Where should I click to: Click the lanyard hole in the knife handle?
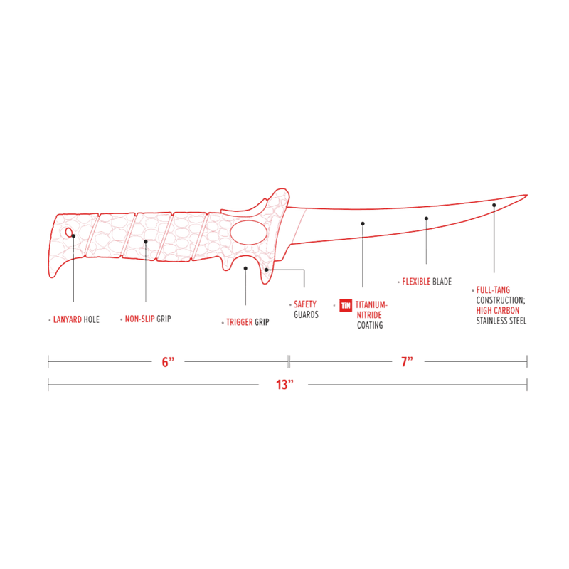coord(69,233)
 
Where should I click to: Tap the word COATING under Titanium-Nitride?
coord(370,325)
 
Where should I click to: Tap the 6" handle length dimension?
coord(168,362)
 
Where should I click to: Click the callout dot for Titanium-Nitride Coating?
coord(363,223)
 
